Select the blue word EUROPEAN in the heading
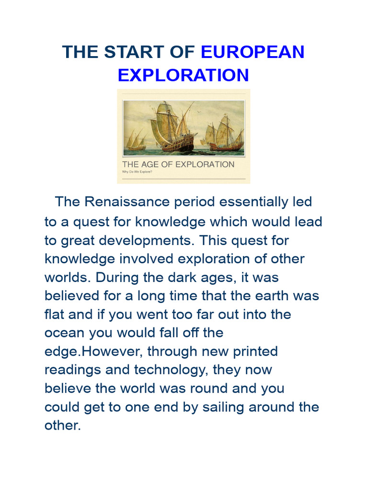(x=253, y=52)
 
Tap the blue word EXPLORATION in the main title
(x=184, y=75)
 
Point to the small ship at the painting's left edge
(x=136, y=140)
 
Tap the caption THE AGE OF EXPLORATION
(x=178, y=164)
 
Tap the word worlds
(x=64, y=278)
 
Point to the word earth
(x=277, y=296)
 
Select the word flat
(x=54, y=315)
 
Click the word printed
(x=250, y=351)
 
